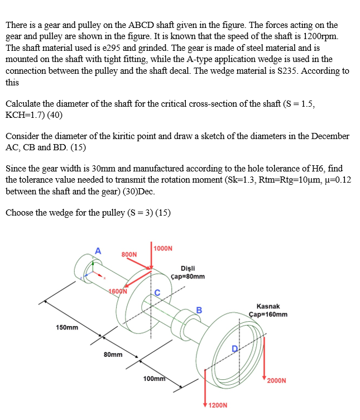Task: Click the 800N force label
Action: coord(129,254)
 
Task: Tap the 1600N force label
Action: coord(118,291)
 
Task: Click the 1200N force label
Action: coord(218,404)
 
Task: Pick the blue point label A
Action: coord(98,251)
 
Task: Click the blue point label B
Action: coord(199,310)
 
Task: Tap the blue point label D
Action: coord(235,349)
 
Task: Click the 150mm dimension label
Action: coord(67,327)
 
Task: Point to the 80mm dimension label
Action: coord(113,354)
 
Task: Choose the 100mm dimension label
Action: coord(154,379)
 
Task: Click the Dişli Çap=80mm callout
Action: coord(189,272)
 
